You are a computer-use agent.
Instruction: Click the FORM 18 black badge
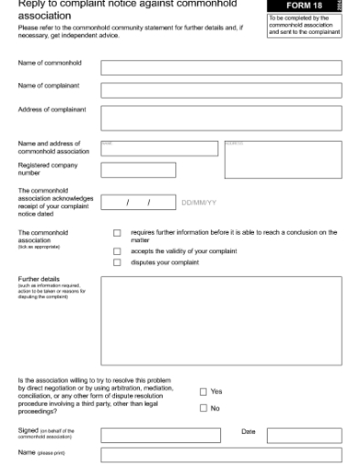tap(303, 5)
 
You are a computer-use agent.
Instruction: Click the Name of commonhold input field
tap(221, 68)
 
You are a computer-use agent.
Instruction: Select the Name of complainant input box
tap(221, 90)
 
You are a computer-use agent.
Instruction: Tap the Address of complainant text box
tap(221, 118)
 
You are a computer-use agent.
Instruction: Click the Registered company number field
tap(138, 170)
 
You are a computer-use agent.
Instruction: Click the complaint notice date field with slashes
tap(138, 201)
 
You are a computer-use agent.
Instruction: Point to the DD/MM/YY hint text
tap(199, 202)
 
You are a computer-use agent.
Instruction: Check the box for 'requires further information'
tap(117, 234)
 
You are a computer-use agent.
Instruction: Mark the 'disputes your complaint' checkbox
tap(117, 262)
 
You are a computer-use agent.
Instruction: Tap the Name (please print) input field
tap(221, 455)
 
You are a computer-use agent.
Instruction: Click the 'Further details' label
tap(38, 279)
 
